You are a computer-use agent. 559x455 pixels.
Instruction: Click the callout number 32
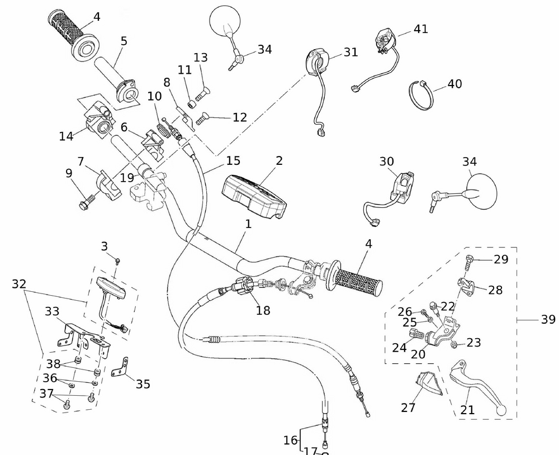19,284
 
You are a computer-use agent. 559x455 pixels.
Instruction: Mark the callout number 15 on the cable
233,161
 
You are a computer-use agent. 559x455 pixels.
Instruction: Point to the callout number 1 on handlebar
248,224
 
